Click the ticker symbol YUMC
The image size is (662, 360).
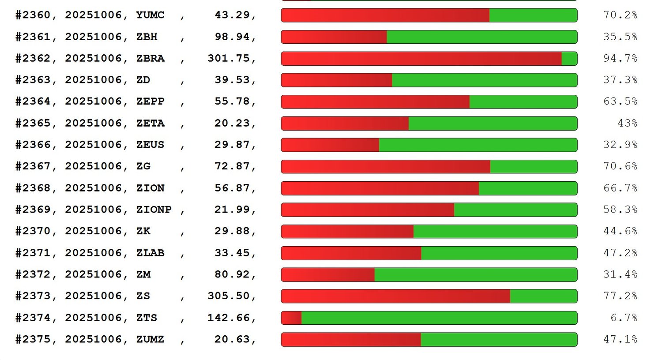click(x=150, y=15)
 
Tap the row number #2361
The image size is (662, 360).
click(x=33, y=37)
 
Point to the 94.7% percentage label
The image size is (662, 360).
click(x=620, y=58)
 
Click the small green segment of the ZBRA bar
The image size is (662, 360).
click(x=569, y=58)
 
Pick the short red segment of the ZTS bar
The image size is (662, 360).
click(x=291, y=318)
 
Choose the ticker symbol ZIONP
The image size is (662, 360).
click(x=154, y=210)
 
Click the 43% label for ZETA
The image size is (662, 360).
click(x=627, y=123)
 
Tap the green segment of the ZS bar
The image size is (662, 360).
click(x=543, y=296)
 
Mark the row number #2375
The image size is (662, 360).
click(x=33, y=339)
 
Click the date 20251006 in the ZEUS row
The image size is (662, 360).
click(x=93, y=145)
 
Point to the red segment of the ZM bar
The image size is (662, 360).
click(x=328, y=274)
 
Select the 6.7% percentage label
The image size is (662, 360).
click(x=624, y=318)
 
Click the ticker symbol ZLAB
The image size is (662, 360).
click(x=150, y=253)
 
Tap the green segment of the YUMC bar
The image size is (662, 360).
click(x=533, y=15)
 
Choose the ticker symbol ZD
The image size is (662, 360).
click(x=143, y=80)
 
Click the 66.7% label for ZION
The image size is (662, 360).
click(x=620, y=188)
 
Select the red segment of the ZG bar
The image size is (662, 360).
click(x=385, y=166)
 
